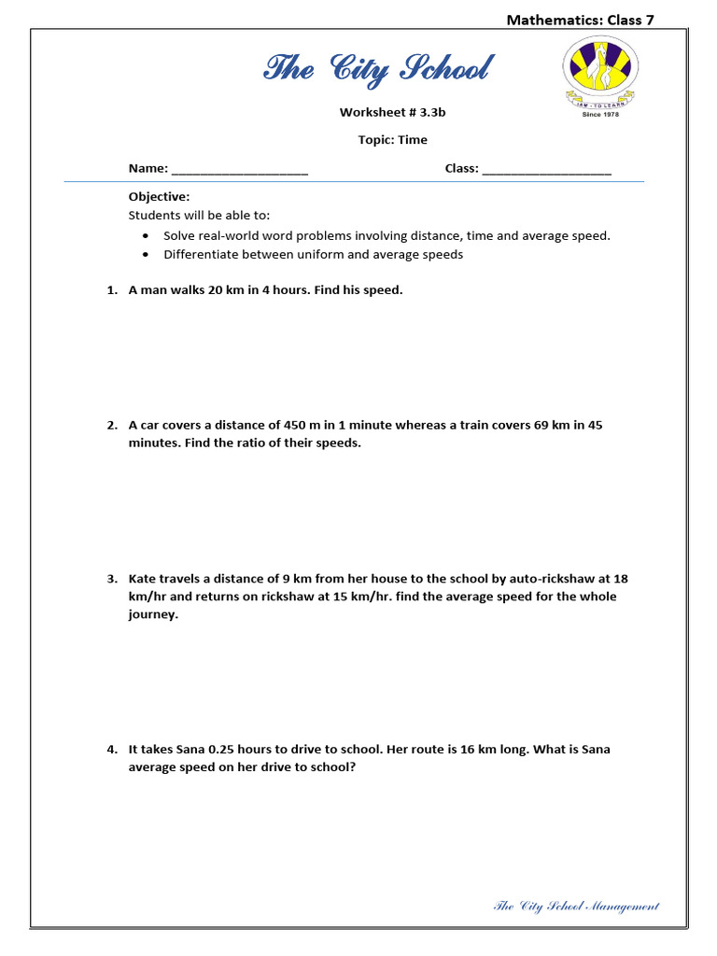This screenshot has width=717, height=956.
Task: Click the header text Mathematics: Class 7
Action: coord(580,20)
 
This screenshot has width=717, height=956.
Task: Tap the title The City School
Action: coord(378,69)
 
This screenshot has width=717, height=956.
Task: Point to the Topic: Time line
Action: coord(392,140)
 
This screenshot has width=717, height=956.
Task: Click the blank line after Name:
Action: coord(240,170)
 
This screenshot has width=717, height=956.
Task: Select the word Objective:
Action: coord(159,197)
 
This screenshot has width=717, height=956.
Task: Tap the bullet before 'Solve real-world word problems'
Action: coord(146,236)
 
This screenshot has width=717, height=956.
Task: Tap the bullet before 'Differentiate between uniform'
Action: coord(146,255)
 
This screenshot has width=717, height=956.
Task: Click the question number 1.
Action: coord(111,290)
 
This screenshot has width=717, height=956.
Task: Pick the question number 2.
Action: coord(111,426)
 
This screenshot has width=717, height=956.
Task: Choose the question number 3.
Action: coord(111,579)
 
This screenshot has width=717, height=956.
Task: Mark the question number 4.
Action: coord(111,750)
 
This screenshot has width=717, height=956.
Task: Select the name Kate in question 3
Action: coord(144,579)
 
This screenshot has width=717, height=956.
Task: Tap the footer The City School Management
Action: coord(576,906)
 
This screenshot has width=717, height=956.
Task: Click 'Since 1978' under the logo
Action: coord(599,115)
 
